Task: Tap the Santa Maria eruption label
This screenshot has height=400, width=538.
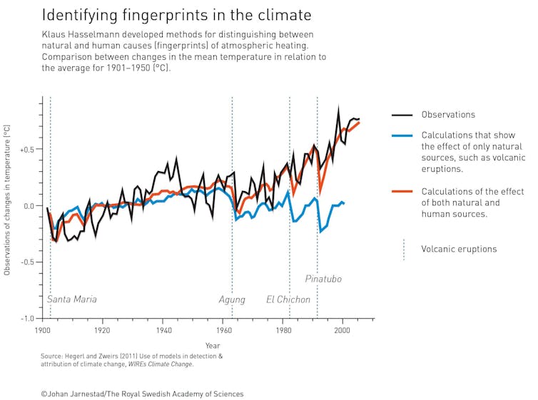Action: pos(72,299)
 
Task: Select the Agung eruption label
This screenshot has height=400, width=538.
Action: pos(232,299)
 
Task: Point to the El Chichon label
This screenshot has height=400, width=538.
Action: pos(288,299)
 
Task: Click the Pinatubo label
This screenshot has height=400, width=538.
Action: pos(323,279)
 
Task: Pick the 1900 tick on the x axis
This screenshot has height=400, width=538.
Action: pos(42,331)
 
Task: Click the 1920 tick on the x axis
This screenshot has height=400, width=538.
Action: pos(102,331)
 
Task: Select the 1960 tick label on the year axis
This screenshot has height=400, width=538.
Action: pos(223,331)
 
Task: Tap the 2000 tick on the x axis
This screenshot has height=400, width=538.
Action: pos(343,331)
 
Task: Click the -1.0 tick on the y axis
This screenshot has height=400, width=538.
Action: pos(27,319)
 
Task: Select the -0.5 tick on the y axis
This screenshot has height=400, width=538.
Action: pos(27,262)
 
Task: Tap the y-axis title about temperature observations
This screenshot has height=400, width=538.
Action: pos(7,200)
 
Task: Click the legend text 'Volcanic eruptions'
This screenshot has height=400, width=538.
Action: pos(459,249)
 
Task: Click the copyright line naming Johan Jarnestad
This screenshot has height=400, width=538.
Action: pos(142,394)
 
